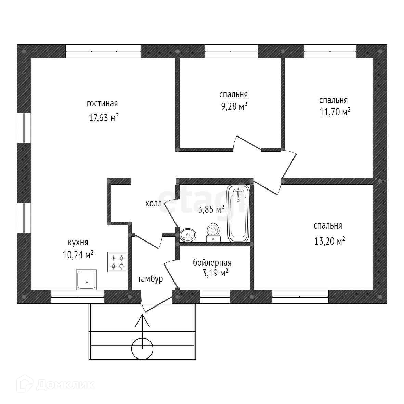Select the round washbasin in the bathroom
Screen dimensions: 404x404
[188, 235]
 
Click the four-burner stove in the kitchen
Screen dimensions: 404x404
[117, 262]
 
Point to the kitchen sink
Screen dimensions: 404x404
[87, 279]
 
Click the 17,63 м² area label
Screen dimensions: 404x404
[104, 118]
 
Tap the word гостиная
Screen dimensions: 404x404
[102, 104]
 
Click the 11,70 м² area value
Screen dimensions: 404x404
[335, 112]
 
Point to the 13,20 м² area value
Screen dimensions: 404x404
[329, 241]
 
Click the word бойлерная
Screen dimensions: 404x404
[212, 263]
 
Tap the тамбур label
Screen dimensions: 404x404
[150, 279]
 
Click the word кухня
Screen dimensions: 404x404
[78, 243]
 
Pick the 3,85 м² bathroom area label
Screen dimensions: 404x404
[211, 209]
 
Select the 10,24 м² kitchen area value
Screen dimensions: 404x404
[78, 255]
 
